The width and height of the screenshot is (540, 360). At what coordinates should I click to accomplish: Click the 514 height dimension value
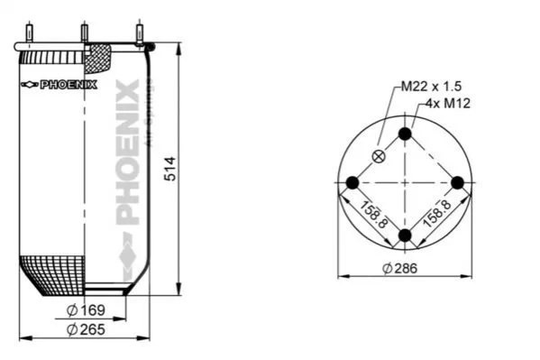tap(169, 169)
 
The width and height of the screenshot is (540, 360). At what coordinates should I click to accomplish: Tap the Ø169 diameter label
tap(86, 310)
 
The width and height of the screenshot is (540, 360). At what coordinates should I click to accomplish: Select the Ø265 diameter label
tap(86, 329)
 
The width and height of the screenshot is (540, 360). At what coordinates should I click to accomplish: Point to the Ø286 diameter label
tap(400, 268)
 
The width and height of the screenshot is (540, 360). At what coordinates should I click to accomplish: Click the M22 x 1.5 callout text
tap(431, 87)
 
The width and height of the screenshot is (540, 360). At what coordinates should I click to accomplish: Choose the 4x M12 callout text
tap(448, 103)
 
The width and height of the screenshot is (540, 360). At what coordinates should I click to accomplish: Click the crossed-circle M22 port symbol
tap(379, 157)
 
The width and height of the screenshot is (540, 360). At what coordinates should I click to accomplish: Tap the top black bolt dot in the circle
tap(405, 134)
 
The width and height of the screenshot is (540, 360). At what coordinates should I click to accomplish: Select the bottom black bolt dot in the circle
tap(405, 235)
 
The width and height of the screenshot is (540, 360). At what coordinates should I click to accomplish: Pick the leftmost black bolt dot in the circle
tap(352, 183)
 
